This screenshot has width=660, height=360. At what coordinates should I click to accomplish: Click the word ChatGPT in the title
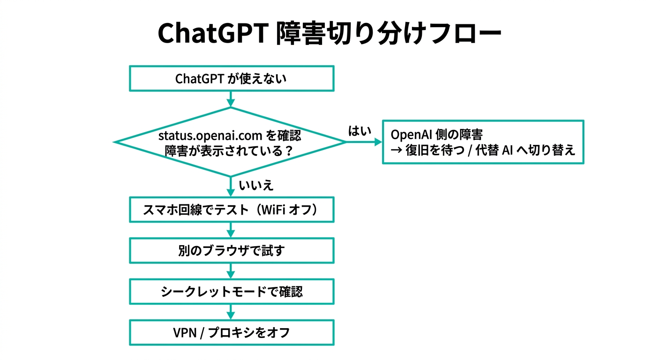point(210,33)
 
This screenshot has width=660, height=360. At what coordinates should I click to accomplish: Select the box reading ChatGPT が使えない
point(231,78)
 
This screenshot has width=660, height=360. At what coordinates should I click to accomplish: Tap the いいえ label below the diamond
point(256,186)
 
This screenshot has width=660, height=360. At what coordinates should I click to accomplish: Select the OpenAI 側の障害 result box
point(483,142)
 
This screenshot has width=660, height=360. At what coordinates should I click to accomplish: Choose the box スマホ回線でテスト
point(231,210)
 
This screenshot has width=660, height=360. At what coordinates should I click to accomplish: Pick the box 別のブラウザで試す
point(231,251)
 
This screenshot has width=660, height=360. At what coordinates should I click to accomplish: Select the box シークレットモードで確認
point(231,292)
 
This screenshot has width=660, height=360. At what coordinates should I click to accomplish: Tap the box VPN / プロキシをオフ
point(231,333)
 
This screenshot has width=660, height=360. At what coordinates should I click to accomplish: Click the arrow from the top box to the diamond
point(231,99)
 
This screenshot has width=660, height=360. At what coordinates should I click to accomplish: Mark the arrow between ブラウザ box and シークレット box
point(231,271)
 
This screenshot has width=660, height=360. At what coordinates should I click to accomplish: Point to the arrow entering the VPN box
point(231,312)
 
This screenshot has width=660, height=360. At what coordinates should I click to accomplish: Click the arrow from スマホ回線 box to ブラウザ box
point(231,230)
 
